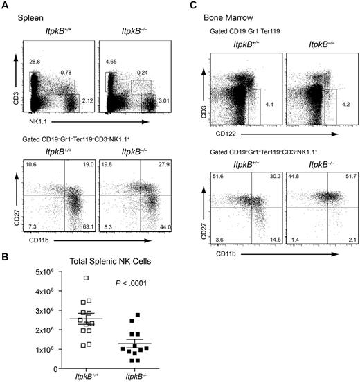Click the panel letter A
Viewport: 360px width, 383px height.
tap(5, 6)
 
